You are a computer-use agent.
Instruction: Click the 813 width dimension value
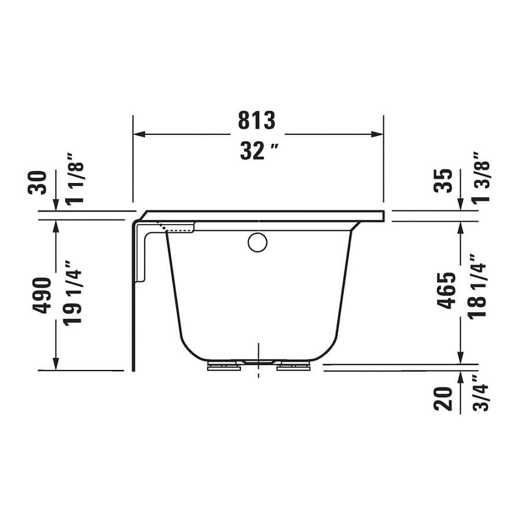(256, 120)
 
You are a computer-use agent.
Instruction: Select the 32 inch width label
(259, 152)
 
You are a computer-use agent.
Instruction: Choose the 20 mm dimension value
(443, 398)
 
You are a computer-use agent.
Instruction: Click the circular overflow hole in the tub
(258, 242)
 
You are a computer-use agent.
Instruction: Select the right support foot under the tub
(294, 366)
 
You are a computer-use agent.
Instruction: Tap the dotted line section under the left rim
(179, 230)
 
